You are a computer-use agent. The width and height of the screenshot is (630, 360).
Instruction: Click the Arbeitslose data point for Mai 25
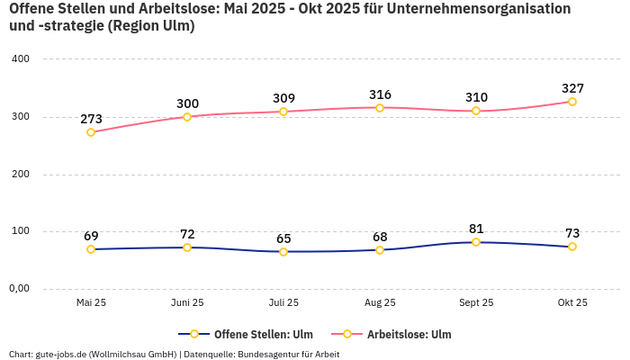(91, 132)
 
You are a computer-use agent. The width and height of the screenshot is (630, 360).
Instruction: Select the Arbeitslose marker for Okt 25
(572, 102)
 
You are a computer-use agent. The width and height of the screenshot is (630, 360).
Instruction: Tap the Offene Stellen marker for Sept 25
(476, 242)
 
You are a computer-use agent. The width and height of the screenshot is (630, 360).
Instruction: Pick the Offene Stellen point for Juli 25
(283, 252)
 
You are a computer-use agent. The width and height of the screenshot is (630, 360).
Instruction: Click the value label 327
(572, 88)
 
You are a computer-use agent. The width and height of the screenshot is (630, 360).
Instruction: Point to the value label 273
(91, 119)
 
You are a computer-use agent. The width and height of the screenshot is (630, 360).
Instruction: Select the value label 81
(476, 229)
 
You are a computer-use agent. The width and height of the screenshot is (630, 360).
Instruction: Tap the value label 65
(283, 238)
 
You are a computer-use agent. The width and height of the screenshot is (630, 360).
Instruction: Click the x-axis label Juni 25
(187, 302)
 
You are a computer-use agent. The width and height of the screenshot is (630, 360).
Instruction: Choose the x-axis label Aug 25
(380, 302)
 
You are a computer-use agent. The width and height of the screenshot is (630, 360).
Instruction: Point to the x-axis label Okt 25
(572, 302)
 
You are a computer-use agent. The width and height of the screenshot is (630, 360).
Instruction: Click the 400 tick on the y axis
(21, 59)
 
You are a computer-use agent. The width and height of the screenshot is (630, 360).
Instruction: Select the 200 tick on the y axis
(21, 175)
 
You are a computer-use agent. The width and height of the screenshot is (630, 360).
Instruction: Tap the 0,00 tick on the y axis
(19, 289)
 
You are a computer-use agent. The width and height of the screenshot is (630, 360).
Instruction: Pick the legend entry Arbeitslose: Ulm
(409, 334)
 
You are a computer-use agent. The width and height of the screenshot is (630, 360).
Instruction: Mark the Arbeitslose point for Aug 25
(380, 108)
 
